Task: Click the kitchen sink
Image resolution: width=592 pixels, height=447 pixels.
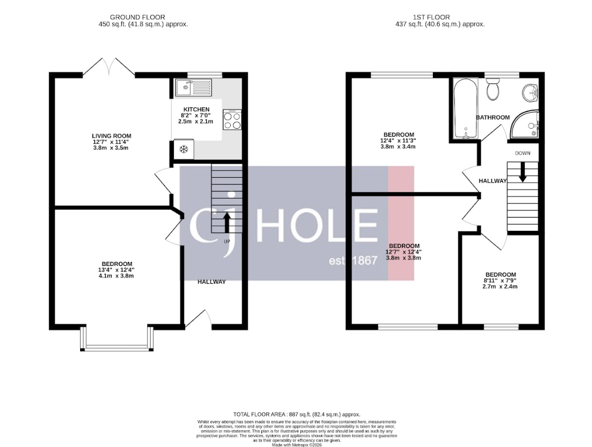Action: click(x=193, y=87)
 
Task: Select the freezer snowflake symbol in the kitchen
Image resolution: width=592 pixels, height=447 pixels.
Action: click(x=183, y=150)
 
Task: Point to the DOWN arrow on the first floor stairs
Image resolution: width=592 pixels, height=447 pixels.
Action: click(x=523, y=172)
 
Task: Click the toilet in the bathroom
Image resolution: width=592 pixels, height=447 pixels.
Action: click(x=493, y=89)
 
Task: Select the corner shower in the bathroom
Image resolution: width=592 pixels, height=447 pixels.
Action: click(x=525, y=125)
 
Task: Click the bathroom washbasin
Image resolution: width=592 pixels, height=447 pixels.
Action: click(x=530, y=91)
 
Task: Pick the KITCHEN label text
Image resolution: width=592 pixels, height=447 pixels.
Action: click(x=196, y=109)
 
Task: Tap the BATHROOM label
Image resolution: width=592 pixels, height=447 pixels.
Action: click(x=493, y=117)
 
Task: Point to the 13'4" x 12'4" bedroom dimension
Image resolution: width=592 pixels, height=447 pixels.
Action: click(x=117, y=270)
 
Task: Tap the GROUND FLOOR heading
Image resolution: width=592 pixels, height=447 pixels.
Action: click(x=138, y=17)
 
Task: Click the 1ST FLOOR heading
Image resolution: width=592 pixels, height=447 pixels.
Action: click(x=440, y=17)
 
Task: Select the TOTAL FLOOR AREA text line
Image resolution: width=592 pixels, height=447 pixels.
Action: click(x=296, y=414)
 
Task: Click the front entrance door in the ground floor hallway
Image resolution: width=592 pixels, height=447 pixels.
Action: click(x=197, y=321)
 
